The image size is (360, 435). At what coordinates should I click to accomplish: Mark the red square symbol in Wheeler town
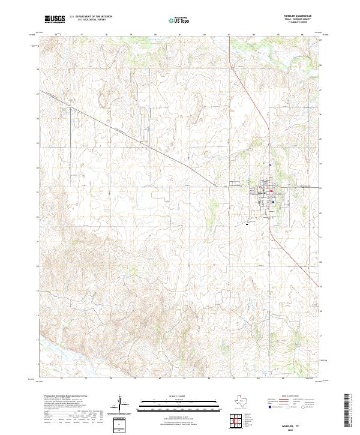[x=271, y=192]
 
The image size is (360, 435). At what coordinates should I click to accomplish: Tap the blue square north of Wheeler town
[x=271, y=164]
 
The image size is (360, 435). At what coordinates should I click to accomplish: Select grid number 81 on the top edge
[x=180, y=35]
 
